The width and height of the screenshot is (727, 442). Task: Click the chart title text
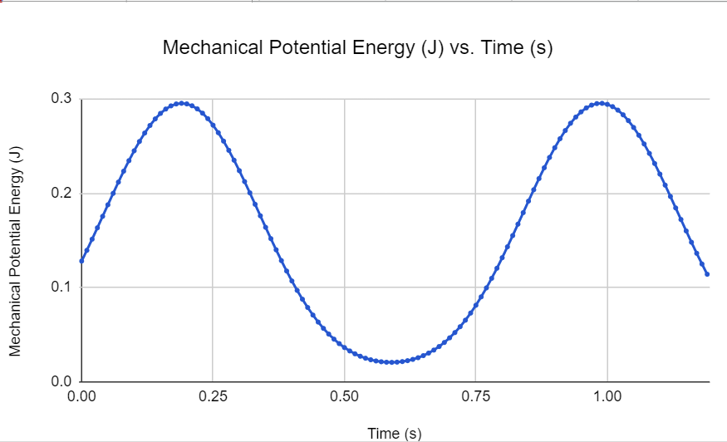coord(357,47)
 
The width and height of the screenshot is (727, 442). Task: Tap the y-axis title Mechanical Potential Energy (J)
coord(16,250)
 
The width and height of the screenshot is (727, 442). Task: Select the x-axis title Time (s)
coord(395,433)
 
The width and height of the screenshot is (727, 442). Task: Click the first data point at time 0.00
coord(81,261)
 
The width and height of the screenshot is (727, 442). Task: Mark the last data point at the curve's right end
coord(706,274)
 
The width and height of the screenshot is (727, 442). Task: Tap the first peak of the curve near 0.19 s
coord(182,103)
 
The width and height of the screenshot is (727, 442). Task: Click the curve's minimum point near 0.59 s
coord(392,362)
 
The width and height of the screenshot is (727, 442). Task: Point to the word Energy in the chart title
coord(375,47)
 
